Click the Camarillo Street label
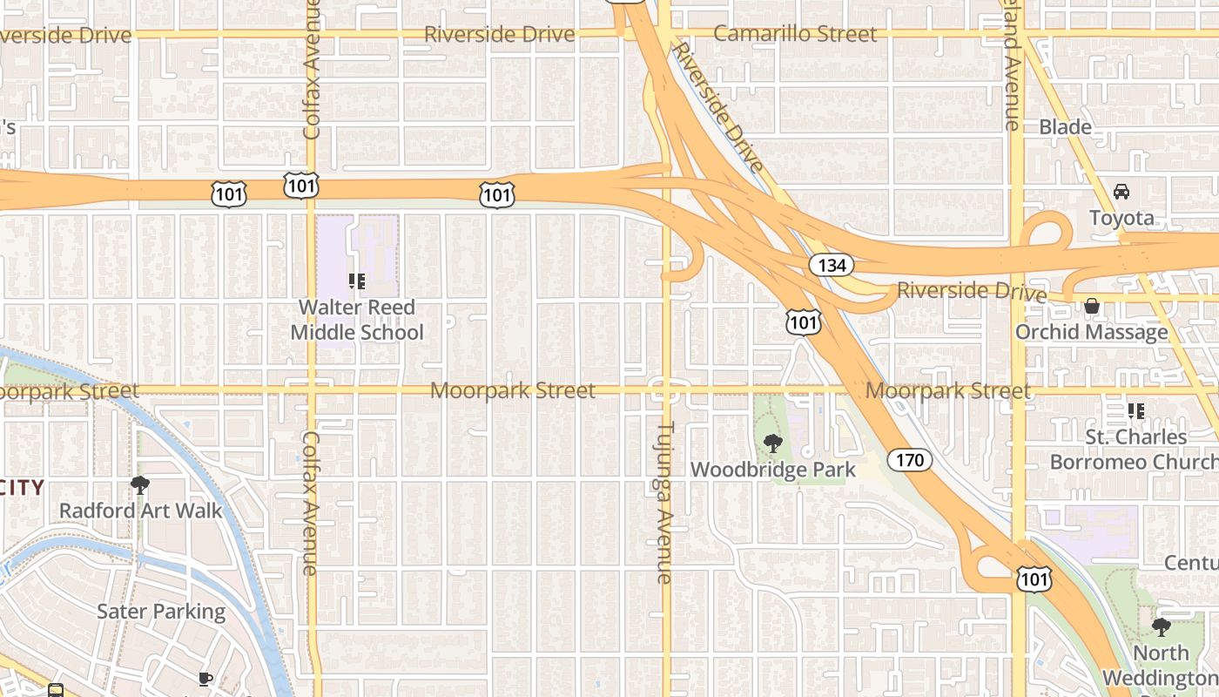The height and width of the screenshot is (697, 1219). click(x=794, y=34)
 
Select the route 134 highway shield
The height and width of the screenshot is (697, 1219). click(x=832, y=265)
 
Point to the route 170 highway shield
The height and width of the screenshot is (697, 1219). click(x=910, y=459)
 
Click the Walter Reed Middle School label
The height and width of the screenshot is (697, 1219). click(x=357, y=320)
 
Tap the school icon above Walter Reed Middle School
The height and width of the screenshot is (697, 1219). click(x=357, y=281)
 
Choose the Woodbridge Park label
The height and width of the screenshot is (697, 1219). click(x=773, y=470)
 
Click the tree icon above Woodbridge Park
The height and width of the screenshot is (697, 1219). click(x=772, y=444)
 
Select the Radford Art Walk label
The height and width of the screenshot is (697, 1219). click(x=141, y=511)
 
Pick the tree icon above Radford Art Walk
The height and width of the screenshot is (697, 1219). click(x=140, y=485)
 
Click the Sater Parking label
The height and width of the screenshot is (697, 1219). click(x=161, y=612)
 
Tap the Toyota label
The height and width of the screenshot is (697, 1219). click(x=1121, y=218)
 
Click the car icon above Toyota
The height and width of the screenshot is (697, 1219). click(x=1121, y=192)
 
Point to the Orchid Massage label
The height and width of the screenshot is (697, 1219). click(x=1092, y=332)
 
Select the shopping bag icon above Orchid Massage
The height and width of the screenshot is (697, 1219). click(x=1091, y=306)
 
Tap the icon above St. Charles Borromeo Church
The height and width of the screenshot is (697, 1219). click(x=1135, y=410)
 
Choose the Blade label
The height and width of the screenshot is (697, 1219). click(x=1065, y=127)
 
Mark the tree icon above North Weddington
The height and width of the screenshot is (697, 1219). click(x=1161, y=627)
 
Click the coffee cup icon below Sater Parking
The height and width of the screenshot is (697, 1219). click(x=205, y=679)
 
